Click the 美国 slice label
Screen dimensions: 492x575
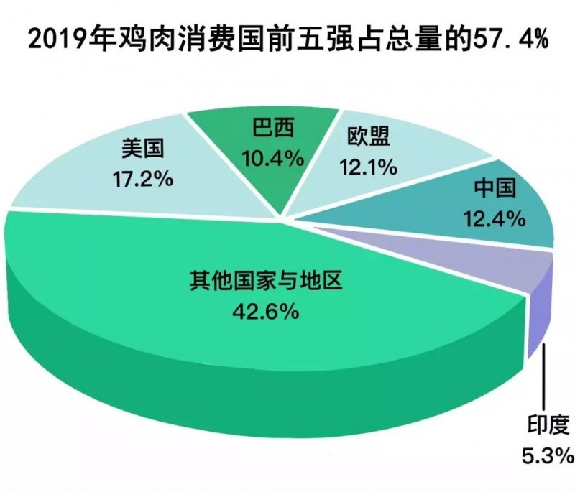coord(144,150)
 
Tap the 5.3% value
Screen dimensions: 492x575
coord(543,455)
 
